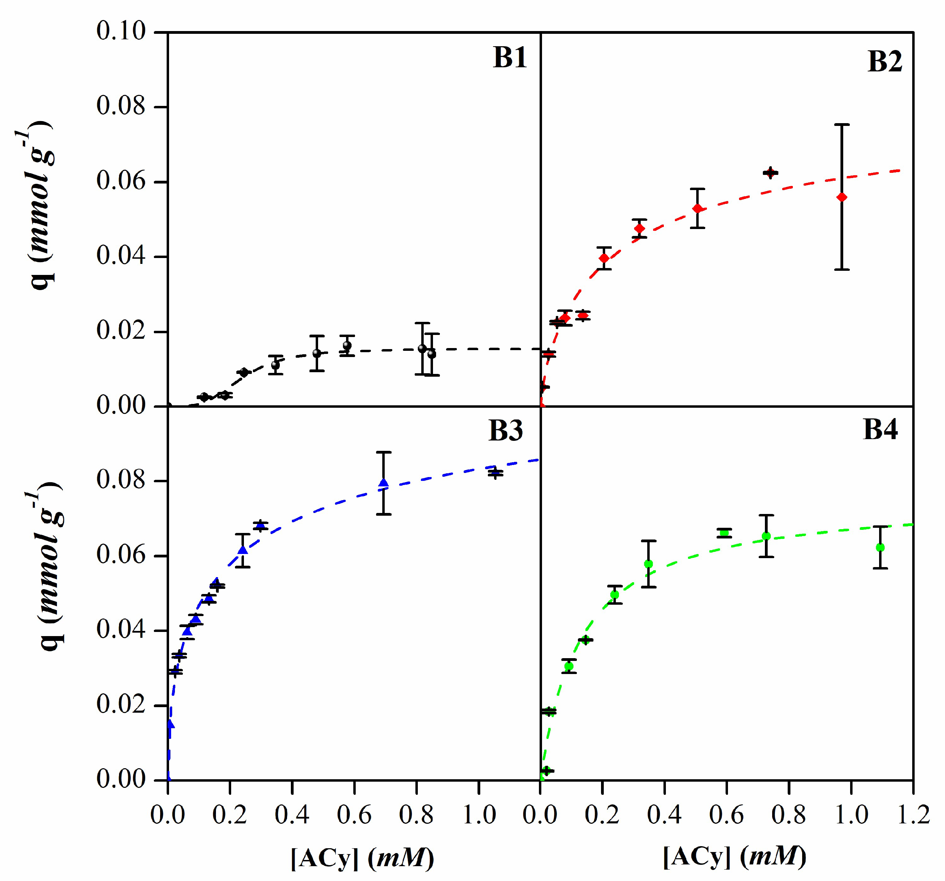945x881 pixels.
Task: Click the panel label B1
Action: tap(510, 58)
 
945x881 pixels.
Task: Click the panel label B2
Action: tap(884, 62)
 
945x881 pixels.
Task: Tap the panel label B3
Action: tap(505, 431)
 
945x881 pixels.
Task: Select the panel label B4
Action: tap(880, 429)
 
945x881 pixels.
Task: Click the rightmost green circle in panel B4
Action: tap(880, 547)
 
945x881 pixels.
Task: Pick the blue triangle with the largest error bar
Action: tap(384, 483)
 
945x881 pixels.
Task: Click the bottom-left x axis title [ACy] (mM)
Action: tap(362, 858)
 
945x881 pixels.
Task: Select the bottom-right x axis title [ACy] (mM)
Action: tap(735, 857)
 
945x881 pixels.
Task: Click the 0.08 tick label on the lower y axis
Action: tap(121, 480)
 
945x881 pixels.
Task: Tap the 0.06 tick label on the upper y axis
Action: tap(121, 181)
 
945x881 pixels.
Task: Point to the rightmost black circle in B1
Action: tap(432, 354)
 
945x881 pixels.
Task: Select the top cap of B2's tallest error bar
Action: tap(842, 125)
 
